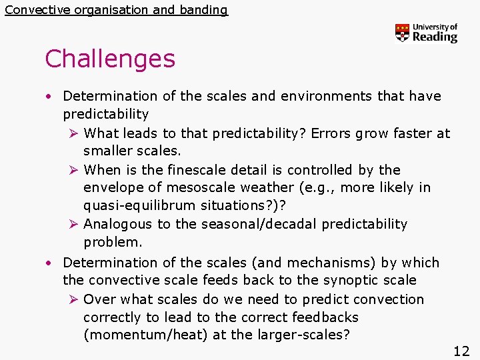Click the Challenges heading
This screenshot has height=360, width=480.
110,59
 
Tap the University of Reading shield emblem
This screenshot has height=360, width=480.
402,33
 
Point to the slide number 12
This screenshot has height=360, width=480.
461,351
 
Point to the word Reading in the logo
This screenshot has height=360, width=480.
435,37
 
